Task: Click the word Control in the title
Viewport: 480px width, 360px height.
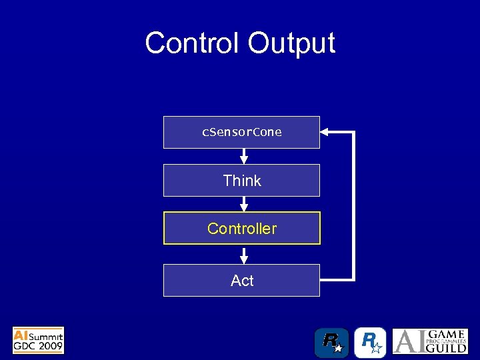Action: pos(193,43)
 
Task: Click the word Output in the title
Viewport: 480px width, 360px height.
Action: pos(291,43)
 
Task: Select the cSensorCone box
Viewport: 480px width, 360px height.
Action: pos(241,132)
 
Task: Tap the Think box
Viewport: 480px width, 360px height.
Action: pos(241,181)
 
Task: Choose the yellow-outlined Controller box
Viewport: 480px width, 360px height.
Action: pos(241,229)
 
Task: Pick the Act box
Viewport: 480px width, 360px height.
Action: pos(241,281)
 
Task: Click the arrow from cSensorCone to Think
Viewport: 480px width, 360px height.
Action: pos(244,156)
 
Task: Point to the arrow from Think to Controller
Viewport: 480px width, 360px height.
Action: pos(244,204)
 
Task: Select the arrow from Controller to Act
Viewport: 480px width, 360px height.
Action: pos(244,255)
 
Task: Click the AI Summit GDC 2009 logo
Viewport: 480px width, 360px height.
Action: pos(38,340)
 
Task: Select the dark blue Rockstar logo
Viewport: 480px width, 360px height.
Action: pos(331,343)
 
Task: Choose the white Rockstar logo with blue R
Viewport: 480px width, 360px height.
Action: pos(370,343)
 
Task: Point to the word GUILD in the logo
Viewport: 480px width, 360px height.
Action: pos(448,348)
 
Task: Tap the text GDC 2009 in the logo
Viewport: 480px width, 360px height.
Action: pos(38,346)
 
